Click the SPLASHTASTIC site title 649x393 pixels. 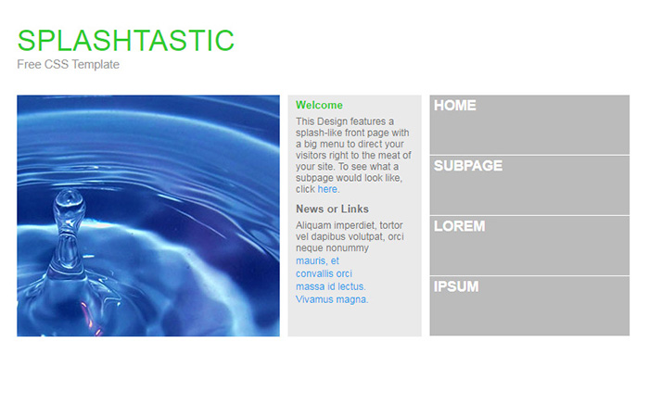125,41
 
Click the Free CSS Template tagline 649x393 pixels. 68,65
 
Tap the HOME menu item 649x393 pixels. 455,106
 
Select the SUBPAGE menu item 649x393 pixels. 468,166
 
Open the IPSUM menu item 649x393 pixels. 456,286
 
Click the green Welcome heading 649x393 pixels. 319,106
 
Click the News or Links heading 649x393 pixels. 332,209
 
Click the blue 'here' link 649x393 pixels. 327,189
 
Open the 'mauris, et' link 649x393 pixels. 317,261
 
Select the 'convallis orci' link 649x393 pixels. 324,274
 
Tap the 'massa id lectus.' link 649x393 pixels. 331,286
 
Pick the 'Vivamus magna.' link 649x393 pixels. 332,299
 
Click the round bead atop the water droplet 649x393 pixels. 67,198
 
